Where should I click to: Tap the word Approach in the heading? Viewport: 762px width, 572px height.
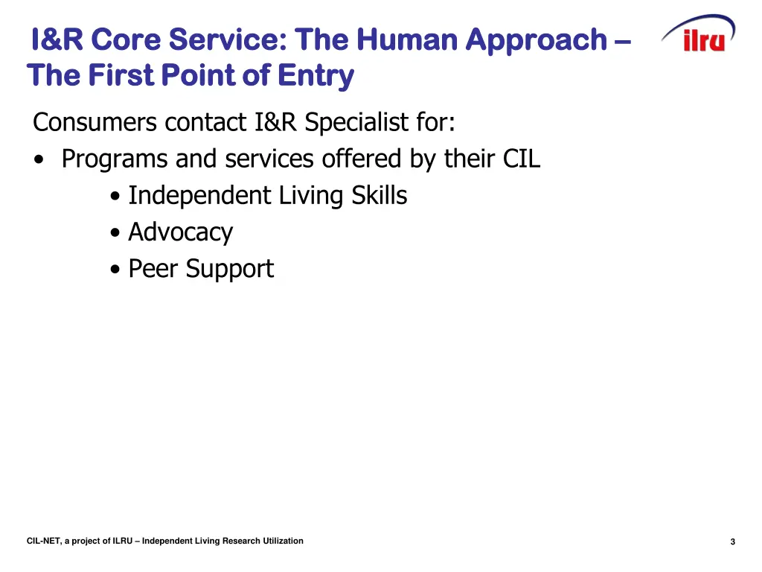tap(537, 39)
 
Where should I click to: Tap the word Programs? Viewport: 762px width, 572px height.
tap(115, 159)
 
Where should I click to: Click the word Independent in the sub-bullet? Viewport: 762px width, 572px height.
tap(199, 196)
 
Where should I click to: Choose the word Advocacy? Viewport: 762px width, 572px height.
tap(180, 232)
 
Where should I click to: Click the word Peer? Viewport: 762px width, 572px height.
tap(153, 269)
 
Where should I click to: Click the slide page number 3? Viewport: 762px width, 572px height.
tap(732, 542)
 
